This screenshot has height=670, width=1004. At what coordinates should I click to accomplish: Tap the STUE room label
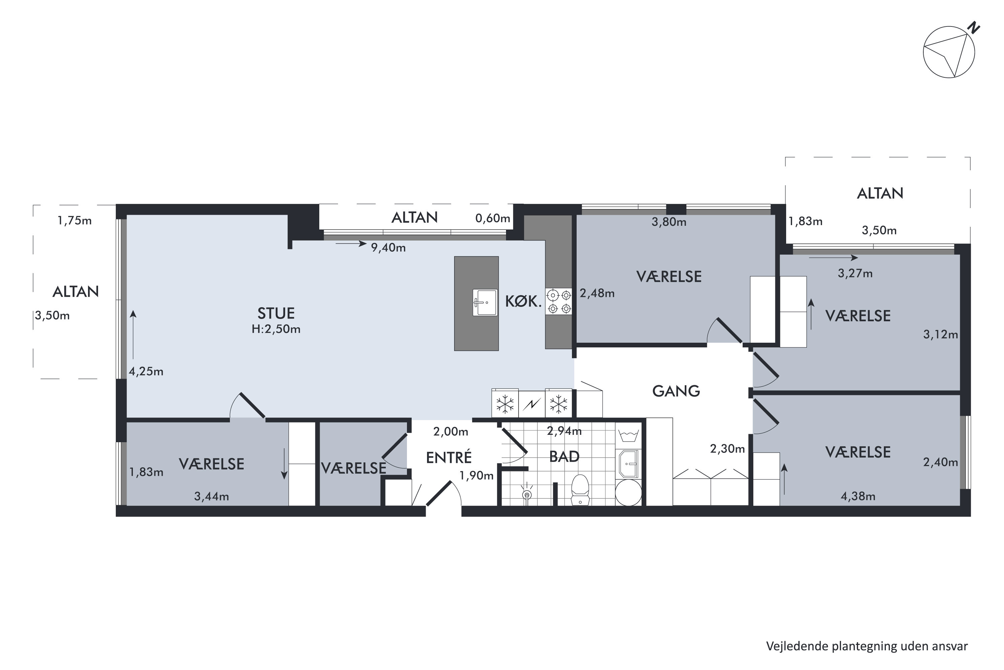(276, 314)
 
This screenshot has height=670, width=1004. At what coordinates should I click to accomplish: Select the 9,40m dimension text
(388, 248)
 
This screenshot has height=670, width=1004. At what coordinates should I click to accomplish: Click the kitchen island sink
(485, 303)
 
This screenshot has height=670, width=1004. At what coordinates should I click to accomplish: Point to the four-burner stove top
(559, 302)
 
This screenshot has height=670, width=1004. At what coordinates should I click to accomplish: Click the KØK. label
(523, 302)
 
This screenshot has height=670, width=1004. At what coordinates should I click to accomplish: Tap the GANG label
(676, 391)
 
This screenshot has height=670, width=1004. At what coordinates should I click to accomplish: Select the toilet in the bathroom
(580, 490)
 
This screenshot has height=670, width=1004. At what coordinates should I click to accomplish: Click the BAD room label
(564, 457)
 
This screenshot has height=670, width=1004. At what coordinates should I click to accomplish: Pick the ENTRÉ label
(449, 457)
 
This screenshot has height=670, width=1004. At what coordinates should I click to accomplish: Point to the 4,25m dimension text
(146, 371)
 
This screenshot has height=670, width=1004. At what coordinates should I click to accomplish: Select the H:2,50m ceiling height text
(276, 329)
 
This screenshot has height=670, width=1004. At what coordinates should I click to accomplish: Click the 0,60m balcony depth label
(493, 218)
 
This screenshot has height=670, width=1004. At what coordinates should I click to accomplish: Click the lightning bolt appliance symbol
(531, 404)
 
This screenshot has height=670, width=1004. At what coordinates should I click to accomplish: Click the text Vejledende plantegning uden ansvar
(867, 647)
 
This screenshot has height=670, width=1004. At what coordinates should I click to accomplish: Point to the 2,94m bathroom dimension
(564, 431)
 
